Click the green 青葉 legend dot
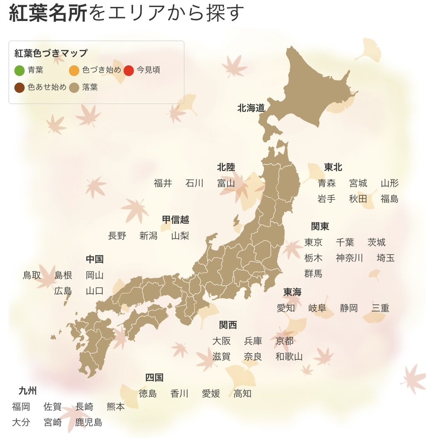[x=19, y=70]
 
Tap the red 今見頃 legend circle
[x=129, y=70]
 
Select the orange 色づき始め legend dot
[x=74, y=70]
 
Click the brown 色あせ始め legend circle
[x=19, y=88]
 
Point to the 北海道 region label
[x=251, y=108]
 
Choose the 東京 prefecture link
[x=313, y=242]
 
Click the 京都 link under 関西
[x=284, y=341]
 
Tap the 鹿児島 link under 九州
[x=88, y=423]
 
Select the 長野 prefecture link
[x=117, y=235]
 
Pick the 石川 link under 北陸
[x=194, y=183]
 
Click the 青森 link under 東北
[x=327, y=183]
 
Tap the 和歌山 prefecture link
[x=289, y=356]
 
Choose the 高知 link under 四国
[x=242, y=394]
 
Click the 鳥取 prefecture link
[x=32, y=275]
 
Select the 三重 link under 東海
[x=380, y=308]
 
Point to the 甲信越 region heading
[x=175, y=220]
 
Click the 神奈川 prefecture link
[x=349, y=258]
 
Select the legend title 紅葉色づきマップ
[x=51, y=53]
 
